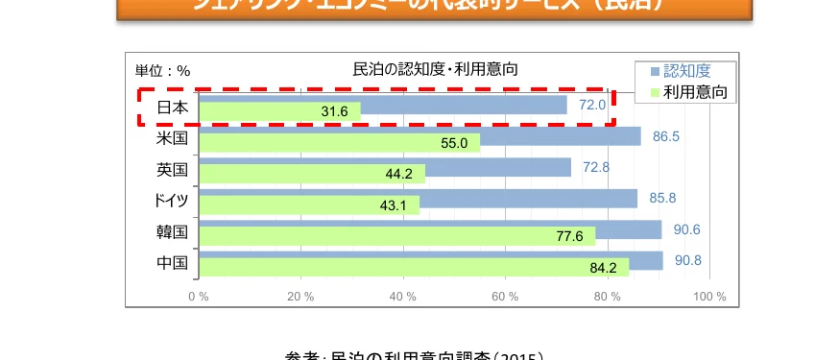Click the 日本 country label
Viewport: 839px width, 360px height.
[x=172, y=107]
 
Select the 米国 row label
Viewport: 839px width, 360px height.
[x=172, y=138]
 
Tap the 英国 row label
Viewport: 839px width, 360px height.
[x=172, y=170]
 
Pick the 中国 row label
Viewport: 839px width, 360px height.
[x=172, y=262]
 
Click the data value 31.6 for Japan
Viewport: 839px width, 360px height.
[x=334, y=112]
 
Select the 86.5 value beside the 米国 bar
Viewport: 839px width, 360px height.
[x=666, y=136]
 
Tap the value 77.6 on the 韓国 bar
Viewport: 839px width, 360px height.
[x=569, y=237]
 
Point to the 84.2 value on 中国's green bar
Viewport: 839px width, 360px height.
[x=604, y=269]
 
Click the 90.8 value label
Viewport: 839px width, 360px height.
[x=688, y=260]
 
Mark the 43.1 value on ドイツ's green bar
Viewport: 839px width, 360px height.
[x=394, y=205]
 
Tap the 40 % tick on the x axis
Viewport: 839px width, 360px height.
[x=403, y=296]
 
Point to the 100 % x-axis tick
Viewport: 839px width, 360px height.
[x=709, y=296]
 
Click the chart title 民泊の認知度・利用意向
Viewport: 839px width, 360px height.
[x=436, y=69]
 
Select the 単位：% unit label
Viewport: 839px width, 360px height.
[x=163, y=70]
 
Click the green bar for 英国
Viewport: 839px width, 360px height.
[x=312, y=174]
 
